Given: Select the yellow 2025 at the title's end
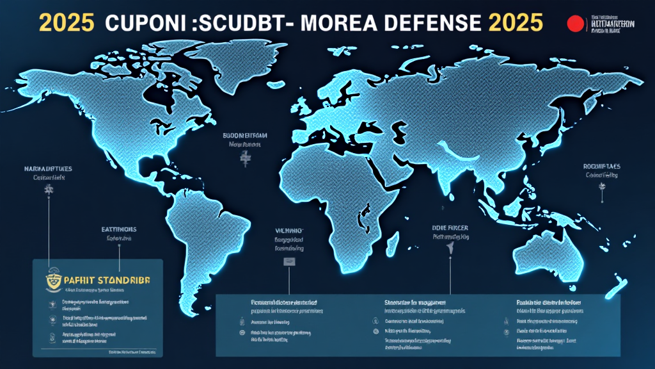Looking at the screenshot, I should coord(515,22).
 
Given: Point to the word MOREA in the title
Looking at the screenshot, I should coord(338,22).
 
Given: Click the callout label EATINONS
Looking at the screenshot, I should coord(119,228).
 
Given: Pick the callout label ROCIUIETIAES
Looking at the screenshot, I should coord(602,166).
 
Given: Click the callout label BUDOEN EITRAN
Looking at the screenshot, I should coord(245,136).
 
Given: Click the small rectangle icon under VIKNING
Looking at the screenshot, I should coord(289,261).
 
